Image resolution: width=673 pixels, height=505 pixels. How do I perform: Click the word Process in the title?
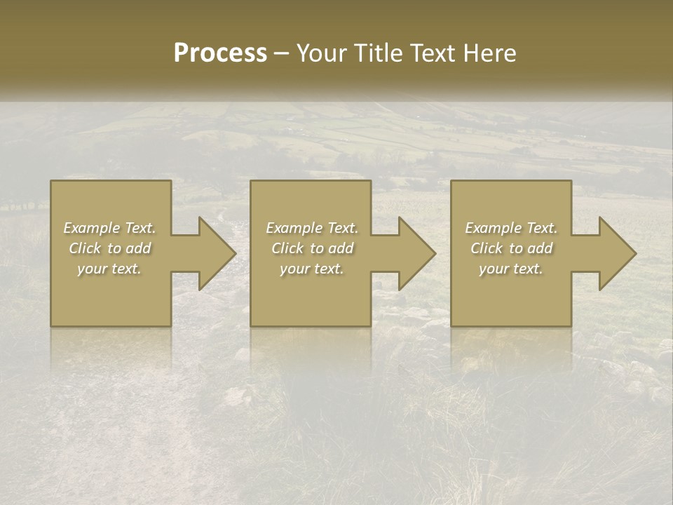[220, 53]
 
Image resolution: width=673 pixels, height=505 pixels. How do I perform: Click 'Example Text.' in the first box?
[109, 228]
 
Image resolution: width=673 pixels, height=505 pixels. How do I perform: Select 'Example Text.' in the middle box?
[312, 228]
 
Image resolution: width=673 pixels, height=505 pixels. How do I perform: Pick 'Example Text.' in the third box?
[511, 228]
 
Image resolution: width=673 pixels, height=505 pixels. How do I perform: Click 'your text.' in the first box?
[109, 269]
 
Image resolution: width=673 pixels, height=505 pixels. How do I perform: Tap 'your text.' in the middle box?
[312, 269]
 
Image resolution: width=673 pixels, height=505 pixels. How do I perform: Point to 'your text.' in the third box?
[511, 269]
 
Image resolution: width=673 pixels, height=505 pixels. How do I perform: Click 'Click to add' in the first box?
[109, 248]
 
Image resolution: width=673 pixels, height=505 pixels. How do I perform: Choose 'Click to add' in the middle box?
[312, 248]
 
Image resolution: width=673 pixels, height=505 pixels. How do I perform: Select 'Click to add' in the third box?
[511, 248]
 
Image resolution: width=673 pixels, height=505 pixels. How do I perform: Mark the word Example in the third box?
[491, 228]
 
